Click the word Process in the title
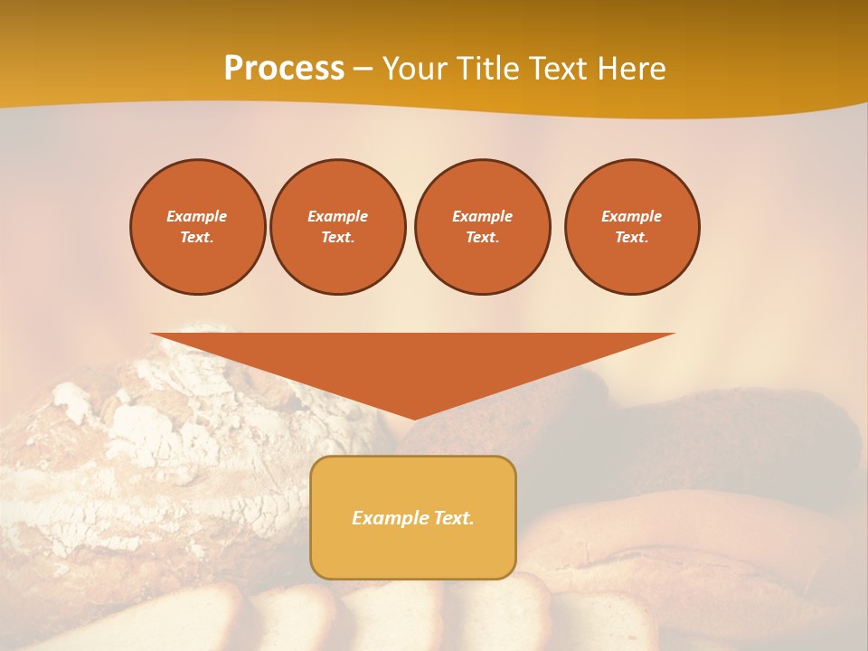(x=284, y=69)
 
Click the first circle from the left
(x=198, y=227)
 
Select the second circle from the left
(x=338, y=227)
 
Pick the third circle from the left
(x=483, y=227)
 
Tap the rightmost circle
(x=632, y=227)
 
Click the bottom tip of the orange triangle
(x=414, y=417)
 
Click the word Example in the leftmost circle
(x=197, y=216)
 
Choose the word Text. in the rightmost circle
(x=632, y=238)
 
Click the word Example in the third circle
(x=483, y=216)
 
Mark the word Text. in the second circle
(x=338, y=238)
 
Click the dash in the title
(x=363, y=69)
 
